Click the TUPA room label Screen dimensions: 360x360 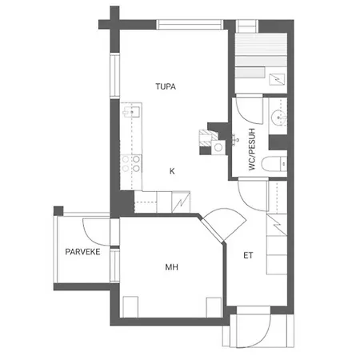166,86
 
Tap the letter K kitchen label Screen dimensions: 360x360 172,171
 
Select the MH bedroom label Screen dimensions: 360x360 171,267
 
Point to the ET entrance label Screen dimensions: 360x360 248,255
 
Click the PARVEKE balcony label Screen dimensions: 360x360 82,252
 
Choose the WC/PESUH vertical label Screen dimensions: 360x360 252,150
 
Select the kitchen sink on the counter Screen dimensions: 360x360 131,112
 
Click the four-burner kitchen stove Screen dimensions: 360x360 131,164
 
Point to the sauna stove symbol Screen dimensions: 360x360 277,79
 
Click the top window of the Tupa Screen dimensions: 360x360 190,25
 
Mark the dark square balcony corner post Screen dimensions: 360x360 58,210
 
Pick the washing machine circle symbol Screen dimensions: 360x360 218,147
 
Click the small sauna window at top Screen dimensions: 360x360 247,26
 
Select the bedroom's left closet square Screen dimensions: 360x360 130,306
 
